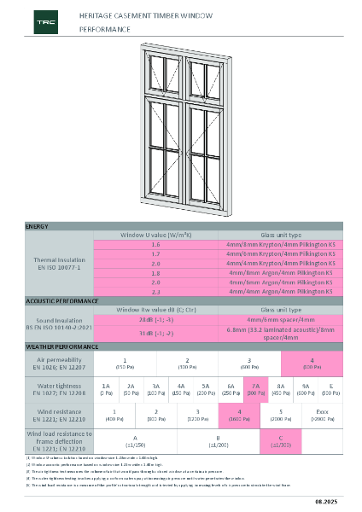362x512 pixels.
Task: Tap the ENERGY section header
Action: (37, 226)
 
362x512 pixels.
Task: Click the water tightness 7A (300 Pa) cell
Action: (255, 390)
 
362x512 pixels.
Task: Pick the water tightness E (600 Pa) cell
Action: (330, 390)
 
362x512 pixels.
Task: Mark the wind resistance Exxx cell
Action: (324, 415)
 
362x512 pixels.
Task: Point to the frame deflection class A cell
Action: (135, 440)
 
